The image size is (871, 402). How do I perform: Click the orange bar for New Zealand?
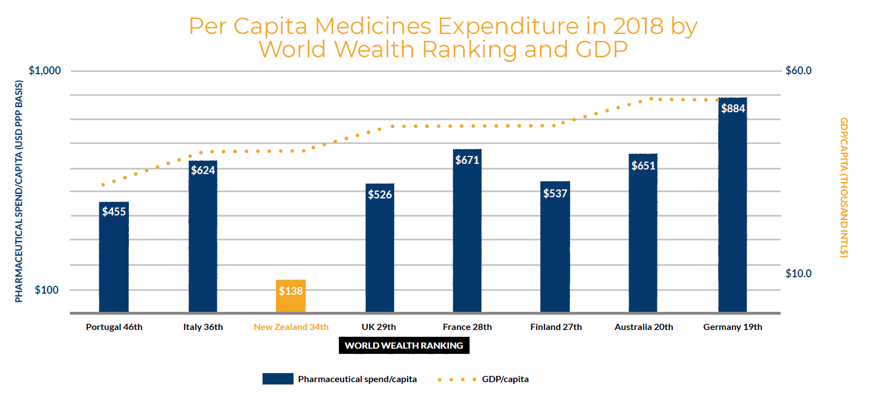291,296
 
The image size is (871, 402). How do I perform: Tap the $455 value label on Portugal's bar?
114,211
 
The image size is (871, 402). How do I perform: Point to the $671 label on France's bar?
467,160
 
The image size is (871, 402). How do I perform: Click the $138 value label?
291,291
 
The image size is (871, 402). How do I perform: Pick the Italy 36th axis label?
203,327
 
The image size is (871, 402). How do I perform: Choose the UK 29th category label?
379,327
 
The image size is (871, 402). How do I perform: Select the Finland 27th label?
556,327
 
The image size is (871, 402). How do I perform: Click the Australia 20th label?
644,327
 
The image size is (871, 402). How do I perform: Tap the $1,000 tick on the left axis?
44,71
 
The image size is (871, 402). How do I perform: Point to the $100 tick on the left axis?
47,290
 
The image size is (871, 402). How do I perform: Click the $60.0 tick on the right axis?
798,71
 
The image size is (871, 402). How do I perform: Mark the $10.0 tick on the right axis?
798,273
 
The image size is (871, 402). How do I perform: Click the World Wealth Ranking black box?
404,345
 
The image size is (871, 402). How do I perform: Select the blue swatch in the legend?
278,379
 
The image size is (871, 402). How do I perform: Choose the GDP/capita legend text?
505,379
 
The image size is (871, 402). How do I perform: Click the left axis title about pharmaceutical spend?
19,191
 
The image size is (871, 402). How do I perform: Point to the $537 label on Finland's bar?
555,193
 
